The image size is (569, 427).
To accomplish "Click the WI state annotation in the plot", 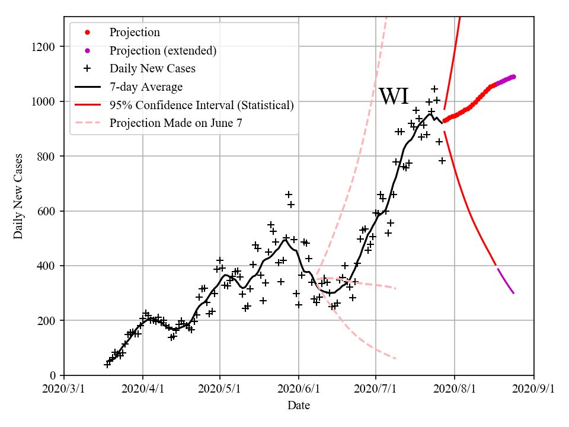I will click(394, 96).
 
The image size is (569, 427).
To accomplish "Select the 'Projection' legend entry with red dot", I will click(135, 33).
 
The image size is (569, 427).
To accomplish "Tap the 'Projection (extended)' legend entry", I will click(163, 50).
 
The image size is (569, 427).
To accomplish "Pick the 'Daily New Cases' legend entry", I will click(152, 69).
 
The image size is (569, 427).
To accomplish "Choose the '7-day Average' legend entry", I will click(146, 87).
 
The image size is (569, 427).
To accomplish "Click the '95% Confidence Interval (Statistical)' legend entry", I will click(202, 106).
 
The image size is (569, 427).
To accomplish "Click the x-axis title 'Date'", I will click(299, 406).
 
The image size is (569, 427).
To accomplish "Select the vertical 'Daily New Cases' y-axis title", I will click(18, 196).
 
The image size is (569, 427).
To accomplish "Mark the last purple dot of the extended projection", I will click(513, 77).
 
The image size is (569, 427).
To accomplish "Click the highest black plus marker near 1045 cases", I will click(434, 89).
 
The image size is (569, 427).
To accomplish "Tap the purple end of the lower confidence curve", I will click(513, 293).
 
